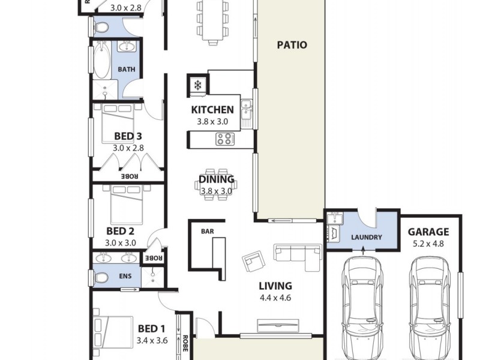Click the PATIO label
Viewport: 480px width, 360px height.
click(292, 45)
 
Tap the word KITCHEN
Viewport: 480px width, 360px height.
click(212, 110)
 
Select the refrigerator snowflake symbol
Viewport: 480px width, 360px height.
click(197, 85)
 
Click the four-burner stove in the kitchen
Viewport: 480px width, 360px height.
click(225, 139)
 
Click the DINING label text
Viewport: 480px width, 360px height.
click(216, 179)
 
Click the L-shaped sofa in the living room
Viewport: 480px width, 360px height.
click(298, 255)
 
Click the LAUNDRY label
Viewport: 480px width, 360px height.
click(367, 237)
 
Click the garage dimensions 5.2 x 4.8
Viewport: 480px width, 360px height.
click(428, 244)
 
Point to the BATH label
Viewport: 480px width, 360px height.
click(127, 70)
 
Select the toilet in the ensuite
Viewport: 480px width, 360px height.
click(101, 277)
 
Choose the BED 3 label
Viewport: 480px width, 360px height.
click(128, 136)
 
